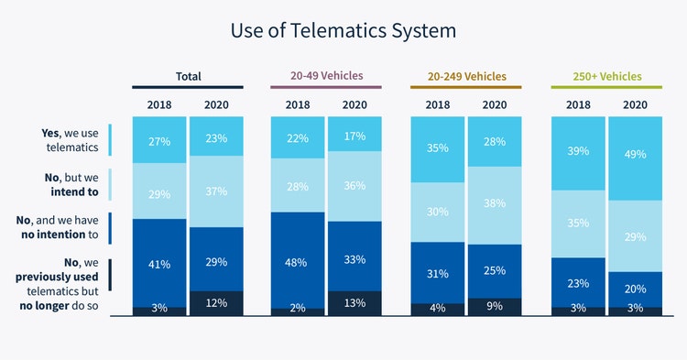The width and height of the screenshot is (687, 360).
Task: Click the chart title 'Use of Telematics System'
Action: coord(343,30)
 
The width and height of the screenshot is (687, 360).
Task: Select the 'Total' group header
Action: coord(189,76)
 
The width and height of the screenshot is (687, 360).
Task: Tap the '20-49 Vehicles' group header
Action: coord(327,76)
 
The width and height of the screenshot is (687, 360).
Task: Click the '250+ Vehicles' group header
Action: coord(607,76)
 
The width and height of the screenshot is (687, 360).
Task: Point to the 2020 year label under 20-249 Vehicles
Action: coord(495,104)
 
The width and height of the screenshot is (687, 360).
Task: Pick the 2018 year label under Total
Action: coord(159,104)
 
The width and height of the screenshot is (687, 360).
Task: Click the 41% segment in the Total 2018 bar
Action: coord(159,263)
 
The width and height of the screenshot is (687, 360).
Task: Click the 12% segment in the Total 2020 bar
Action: coord(216,303)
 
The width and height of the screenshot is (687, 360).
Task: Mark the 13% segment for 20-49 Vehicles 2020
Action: coord(354,303)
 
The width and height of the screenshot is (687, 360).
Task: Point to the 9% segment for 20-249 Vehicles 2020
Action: coord(495,307)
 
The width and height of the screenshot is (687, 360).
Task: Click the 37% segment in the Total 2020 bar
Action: coord(216,191)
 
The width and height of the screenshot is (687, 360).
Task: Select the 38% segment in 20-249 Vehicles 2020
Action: coord(495,203)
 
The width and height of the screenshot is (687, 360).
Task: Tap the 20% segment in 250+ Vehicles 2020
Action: coord(634,289)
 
